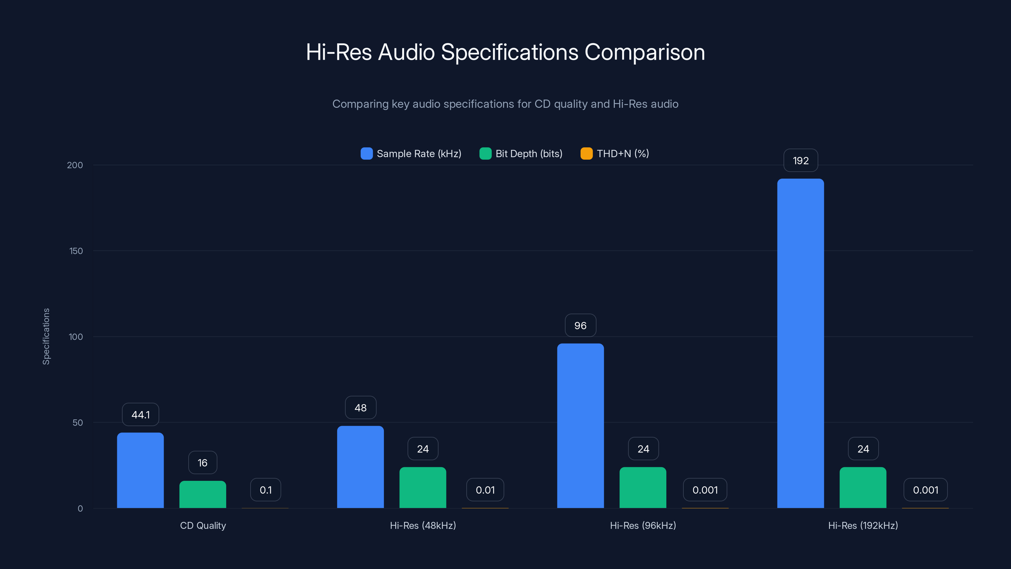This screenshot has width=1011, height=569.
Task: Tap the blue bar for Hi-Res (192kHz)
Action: click(x=800, y=343)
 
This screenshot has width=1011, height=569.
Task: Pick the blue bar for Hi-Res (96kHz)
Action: click(x=580, y=426)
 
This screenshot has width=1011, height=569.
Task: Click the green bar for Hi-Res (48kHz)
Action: click(x=423, y=487)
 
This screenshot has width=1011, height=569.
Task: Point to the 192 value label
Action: click(x=801, y=161)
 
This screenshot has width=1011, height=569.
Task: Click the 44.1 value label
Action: click(x=141, y=415)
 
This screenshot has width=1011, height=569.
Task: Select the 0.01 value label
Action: click(x=485, y=490)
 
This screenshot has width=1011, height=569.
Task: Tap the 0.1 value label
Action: click(x=266, y=490)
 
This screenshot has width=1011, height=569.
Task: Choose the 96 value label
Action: click(x=580, y=326)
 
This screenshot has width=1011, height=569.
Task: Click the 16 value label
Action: click(x=203, y=463)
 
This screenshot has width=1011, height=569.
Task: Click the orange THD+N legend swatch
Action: click(x=586, y=154)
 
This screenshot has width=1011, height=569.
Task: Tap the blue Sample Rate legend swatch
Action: click(x=366, y=154)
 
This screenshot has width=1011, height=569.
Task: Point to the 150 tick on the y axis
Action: click(x=76, y=251)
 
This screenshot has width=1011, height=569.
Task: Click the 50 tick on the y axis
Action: click(x=77, y=423)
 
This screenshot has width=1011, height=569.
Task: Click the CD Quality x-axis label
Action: click(x=203, y=525)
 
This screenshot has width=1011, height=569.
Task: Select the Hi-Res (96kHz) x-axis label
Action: click(x=643, y=525)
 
